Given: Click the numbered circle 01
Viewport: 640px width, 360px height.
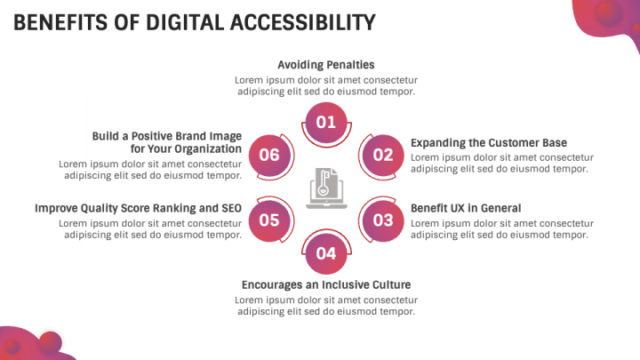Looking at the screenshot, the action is tap(326, 122).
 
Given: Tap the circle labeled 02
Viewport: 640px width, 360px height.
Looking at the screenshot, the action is tap(383, 155).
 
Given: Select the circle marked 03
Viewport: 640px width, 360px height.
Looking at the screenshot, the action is tap(383, 220).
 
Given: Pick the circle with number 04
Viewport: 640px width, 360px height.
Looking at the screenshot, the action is tap(326, 253).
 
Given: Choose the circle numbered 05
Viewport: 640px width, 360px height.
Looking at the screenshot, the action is tap(269, 220).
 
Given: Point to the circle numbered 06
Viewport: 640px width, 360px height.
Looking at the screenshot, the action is tap(269, 155).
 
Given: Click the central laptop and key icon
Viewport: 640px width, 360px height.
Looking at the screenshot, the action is tap(326, 188).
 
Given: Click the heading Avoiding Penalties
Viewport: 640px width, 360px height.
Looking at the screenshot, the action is tap(326, 65).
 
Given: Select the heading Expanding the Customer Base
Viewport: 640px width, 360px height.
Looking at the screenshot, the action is tap(489, 143).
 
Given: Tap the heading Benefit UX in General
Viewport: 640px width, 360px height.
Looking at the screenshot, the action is tap(466, 208).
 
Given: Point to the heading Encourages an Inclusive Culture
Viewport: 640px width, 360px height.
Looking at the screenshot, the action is tap(326, 285).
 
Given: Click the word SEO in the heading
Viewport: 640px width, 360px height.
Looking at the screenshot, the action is tap(232, 208).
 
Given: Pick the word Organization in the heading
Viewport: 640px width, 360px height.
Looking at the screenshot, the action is tap(208, 149).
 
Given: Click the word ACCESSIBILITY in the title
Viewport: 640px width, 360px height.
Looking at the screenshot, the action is tap(302, 22).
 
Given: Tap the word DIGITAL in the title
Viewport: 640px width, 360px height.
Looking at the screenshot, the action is tap(185, 22).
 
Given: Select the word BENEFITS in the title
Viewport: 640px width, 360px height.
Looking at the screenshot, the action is tap(60, 22).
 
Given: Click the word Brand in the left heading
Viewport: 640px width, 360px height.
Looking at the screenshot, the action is tap(191, 136).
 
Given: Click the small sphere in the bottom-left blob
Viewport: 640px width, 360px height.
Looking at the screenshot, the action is tap(51, 342).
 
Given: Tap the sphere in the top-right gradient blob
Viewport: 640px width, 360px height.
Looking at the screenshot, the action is tap(609, 13).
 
